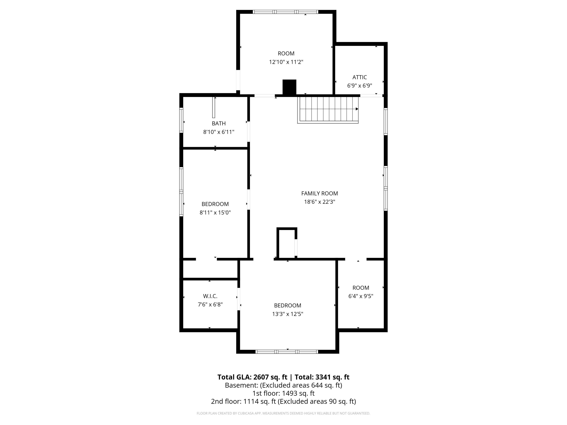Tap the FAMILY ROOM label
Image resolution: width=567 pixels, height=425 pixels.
(319, 193)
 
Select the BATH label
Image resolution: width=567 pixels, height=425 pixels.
(219, 124)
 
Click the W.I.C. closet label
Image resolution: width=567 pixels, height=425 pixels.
(210, 296)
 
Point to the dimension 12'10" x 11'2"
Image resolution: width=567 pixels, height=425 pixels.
(286, 62)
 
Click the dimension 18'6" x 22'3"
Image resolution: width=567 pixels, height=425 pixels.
(319, 202)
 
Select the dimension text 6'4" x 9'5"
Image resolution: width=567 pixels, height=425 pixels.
(361, 296)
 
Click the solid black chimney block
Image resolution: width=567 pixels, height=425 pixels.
(289, 87)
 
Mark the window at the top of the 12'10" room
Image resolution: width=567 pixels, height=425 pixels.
(286, 12)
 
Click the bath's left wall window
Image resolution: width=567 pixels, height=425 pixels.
(181, 120)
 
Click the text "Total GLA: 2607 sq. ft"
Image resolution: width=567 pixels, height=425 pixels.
(252, 377)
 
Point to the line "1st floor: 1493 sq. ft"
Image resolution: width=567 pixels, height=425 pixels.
(283, 393)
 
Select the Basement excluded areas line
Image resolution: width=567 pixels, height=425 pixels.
(283, 385)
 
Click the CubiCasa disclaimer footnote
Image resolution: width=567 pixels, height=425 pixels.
(283, 413)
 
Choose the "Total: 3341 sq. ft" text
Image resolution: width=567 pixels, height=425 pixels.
(322, 377)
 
